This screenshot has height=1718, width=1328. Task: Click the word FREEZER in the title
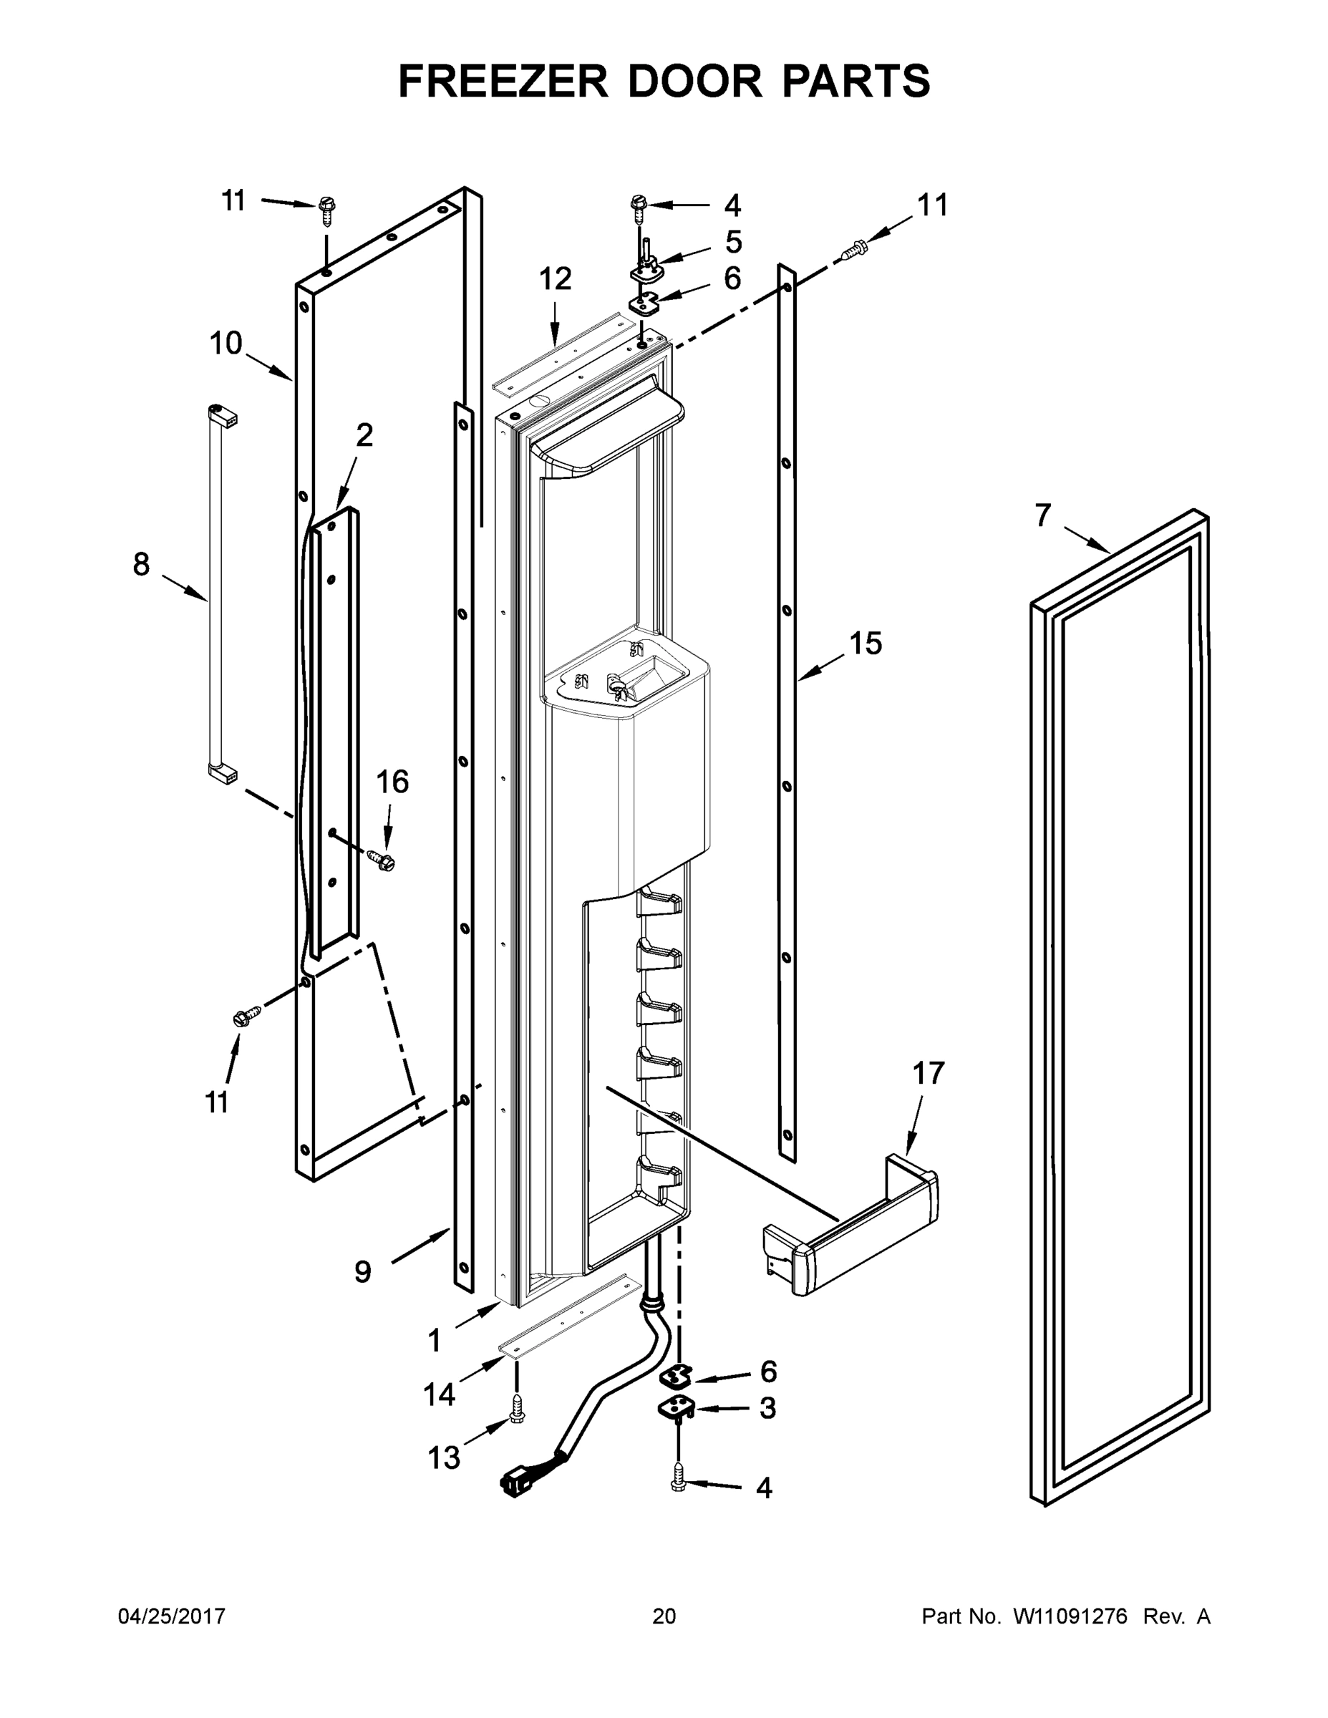(x=503, y=81)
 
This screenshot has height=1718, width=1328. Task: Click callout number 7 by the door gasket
(x=1042, y=516)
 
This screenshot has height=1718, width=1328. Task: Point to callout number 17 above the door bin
(x=929, y=1073)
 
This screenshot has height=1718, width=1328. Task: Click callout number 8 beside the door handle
(x=141, y=564)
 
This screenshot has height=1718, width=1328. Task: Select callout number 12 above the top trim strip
(x=555, y=278)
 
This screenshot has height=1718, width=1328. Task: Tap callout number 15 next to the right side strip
(x=866, y=644)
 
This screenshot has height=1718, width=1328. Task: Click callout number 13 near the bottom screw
(x=443, y=1457)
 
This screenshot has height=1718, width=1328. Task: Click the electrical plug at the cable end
(x=515, y=1482)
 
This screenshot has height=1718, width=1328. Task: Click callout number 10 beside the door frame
(x=226, y=344)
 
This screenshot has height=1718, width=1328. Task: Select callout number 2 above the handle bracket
(x=364, y=435)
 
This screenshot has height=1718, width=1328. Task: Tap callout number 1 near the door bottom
(x=434, y=1339)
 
